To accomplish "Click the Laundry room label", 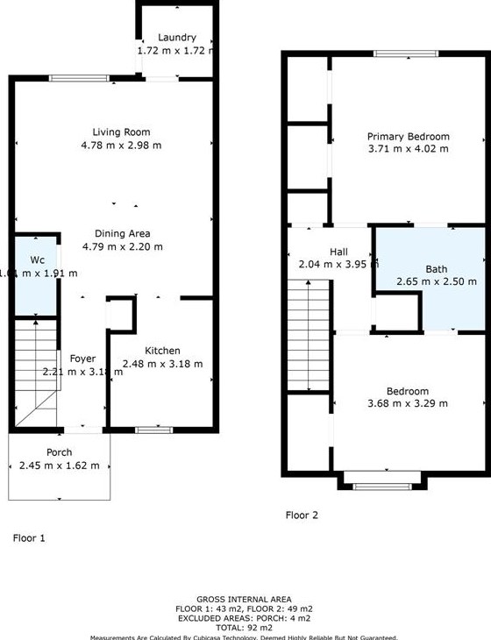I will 177,38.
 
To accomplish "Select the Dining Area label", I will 123,233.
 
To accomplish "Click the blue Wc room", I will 36,276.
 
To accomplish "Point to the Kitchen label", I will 162,351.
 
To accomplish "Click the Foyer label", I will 82,358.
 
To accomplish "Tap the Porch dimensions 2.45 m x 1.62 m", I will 60,466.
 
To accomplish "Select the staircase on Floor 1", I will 34,373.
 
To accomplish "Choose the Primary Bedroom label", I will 408,136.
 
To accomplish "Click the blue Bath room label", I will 436,269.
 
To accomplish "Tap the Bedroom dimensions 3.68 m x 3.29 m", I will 408,403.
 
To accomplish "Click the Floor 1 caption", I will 28,537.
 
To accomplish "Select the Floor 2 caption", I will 302,516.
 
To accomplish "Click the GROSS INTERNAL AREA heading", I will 244,600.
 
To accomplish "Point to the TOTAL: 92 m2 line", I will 244,629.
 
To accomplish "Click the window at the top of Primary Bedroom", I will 407,54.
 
